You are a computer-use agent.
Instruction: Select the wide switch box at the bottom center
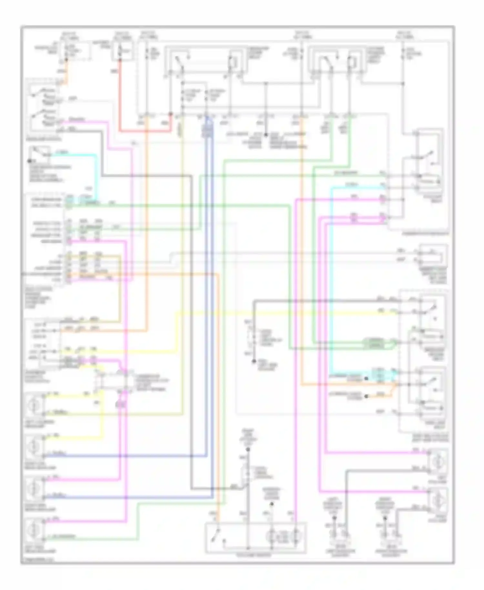coord(256,538)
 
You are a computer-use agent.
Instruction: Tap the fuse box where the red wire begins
coord(122,51)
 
